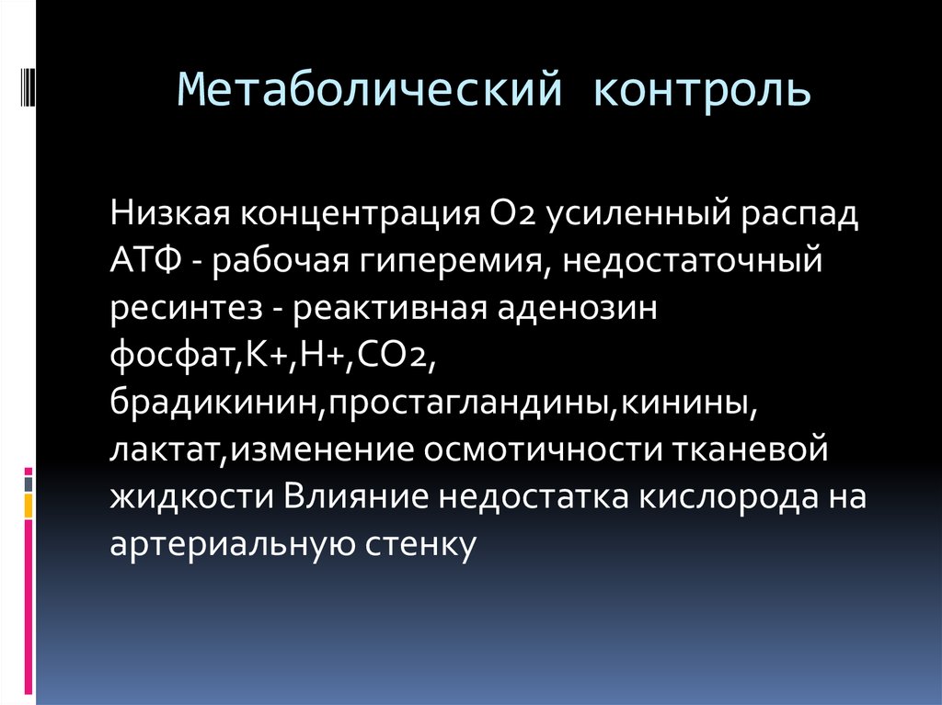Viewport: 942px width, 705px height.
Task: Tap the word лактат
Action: pyautogui.click(x=166, y=450)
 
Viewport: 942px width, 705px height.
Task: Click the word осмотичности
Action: pyautogui.click(x=537, y=450)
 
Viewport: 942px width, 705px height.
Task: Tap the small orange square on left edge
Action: pyautogui.click(x=29, y=505)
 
